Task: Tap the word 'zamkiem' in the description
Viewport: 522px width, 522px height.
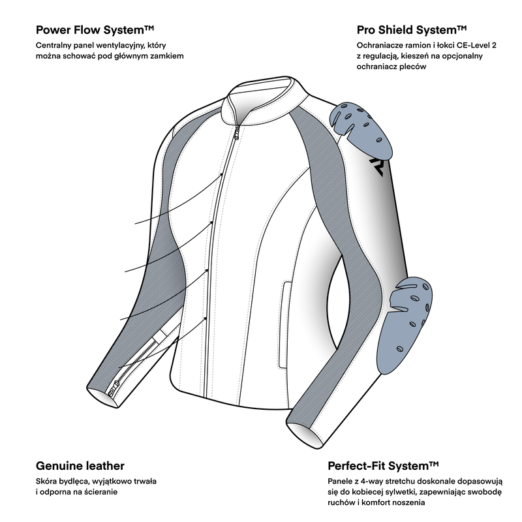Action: (x=166, y=57)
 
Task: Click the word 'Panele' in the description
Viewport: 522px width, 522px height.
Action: (x=341, y=482)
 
